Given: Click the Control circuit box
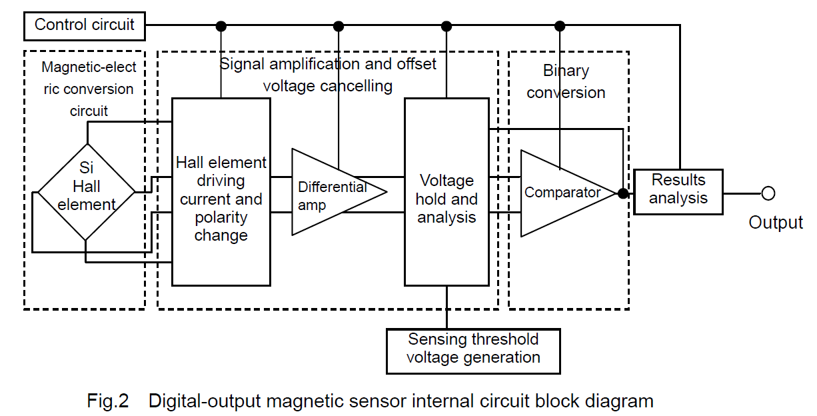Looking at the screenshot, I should point(85,25).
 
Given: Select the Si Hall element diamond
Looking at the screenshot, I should point(86,192).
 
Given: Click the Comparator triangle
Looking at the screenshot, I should point(562,193).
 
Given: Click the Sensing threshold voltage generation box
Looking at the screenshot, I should point(473,349).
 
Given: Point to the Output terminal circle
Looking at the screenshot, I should point(768,193).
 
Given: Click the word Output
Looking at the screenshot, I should point(776,223).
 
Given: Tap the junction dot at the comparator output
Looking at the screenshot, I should point(622,193).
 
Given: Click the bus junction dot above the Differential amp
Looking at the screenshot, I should point(339,26).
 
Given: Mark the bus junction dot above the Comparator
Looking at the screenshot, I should point(560,26).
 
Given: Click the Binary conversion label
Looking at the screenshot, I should point(566,81).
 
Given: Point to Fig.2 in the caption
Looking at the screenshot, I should point(107,401).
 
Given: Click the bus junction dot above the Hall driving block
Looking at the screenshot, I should point(221,26).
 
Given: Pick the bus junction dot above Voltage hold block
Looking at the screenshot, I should point(446,26).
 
